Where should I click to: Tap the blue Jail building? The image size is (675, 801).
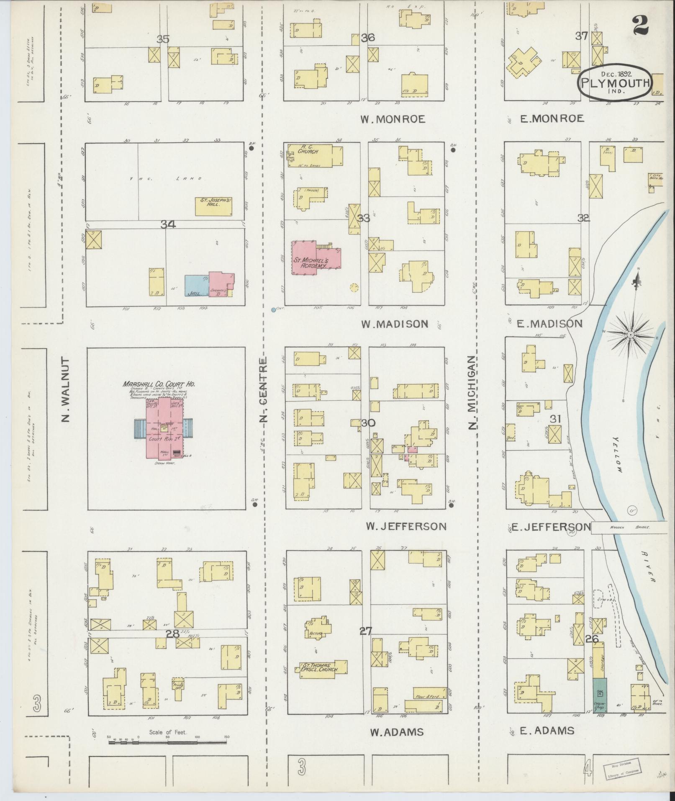[197, 286]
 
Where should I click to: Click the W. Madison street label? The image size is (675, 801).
[395, 324]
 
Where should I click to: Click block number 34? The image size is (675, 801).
[168, 225]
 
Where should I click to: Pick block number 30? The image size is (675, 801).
[368, 423]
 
